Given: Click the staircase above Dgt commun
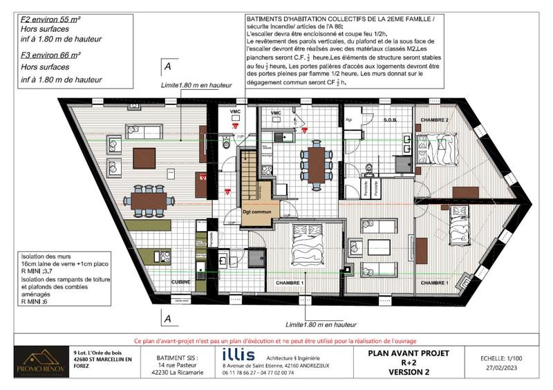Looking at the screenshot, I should pos(251,178).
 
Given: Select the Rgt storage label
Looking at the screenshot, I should pos(350,120).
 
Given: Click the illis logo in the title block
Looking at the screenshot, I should pos(239,355).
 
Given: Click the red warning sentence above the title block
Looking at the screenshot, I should pos(276,341).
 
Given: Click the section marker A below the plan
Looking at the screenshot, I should pos(167,319).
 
